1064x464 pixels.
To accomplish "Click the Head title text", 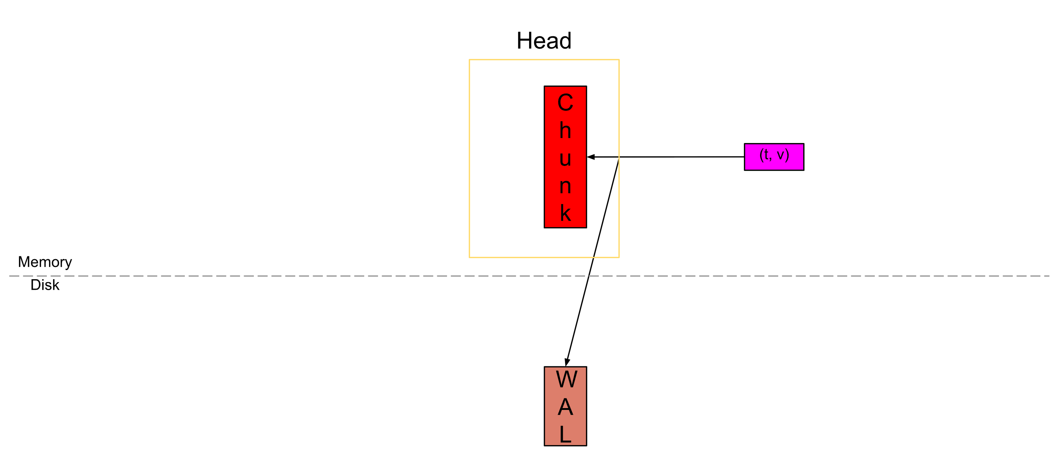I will coord(544,41).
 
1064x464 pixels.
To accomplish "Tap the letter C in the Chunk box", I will coord(565,102).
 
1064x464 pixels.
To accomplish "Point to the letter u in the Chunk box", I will coord(565,159).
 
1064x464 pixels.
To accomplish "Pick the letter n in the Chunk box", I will coord(565,186).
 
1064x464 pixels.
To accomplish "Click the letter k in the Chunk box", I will coord(565,213).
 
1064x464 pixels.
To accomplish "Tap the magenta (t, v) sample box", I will coord(773,156).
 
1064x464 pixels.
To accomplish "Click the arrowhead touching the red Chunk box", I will coord(591,157).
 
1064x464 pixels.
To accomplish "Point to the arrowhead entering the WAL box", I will coord(568,362).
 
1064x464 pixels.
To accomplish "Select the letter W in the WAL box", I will coord(566,379).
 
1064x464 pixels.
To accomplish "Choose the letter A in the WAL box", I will coord(565,407).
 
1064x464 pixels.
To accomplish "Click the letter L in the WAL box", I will coord(565,434).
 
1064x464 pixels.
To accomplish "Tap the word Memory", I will coord(45,262).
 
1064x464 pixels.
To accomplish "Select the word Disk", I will coord(45,285).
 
